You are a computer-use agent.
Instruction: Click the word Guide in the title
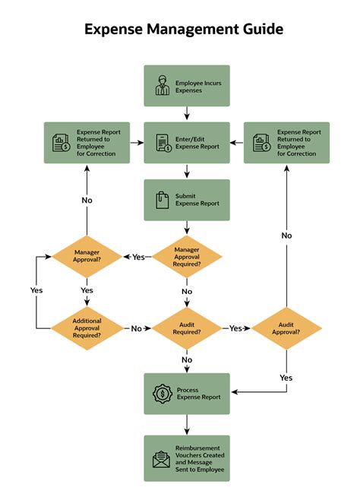[261, 30]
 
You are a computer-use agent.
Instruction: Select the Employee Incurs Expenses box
[187, 85]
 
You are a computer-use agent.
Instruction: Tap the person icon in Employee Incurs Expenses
[162, 85]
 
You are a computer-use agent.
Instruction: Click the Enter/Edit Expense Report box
[187, 142]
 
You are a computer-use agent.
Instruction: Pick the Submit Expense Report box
[187, 200]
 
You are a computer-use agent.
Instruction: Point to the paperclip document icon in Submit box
[162, 200]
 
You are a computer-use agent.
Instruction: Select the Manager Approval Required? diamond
[187, 256]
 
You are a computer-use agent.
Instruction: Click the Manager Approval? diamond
[87, 256]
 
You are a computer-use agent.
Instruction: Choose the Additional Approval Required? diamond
[87, 327]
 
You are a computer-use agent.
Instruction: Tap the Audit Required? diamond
[187, 327]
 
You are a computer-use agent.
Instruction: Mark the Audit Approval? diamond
[286, 327]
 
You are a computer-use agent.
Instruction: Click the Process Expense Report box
[187, 393]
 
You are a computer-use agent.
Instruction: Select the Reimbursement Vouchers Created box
[187, 458]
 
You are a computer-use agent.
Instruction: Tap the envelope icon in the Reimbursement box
[162, 458]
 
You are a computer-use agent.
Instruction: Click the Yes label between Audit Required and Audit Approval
[236, 328]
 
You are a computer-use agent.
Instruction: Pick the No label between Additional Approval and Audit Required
[137, 328]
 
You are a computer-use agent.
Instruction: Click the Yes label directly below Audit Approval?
[286, 378]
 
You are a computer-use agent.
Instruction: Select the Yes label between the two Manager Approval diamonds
[137, 257]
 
